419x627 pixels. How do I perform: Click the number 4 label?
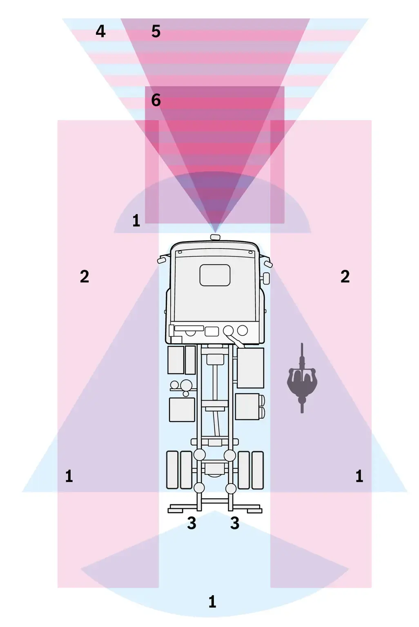pos(101,31)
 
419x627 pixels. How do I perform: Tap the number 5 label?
pos(156,31)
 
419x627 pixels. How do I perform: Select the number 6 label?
pos(156,100)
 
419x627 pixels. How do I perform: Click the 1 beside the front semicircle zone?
pos(136,221)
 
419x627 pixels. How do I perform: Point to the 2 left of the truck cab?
pos(85,277)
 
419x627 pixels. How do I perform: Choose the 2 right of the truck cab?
pos(345,277)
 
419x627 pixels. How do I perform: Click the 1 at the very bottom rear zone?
pos(212,601)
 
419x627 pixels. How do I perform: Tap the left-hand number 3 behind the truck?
pos(192,523)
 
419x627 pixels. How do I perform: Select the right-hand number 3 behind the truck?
pos(235,523)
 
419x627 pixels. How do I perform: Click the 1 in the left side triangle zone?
pos(69,476)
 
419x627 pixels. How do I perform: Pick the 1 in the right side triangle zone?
pos(359,476)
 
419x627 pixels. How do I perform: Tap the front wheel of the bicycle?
pos(302,354)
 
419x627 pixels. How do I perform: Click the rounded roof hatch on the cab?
pos(215,275)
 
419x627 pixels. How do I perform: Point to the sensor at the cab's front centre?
pos(215,237)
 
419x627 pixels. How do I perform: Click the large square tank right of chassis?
pos(250,367)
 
